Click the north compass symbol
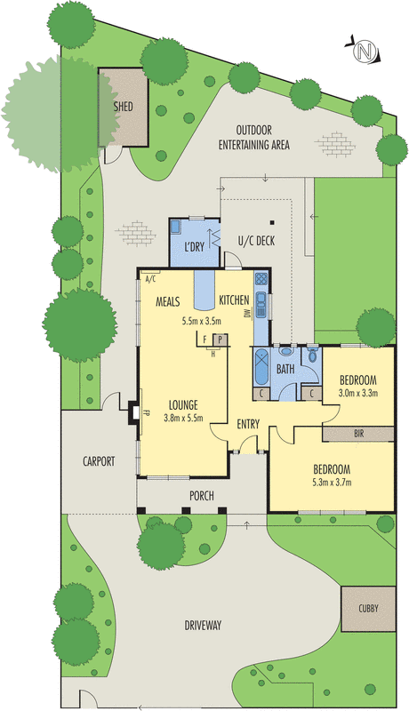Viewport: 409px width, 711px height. [363, 52]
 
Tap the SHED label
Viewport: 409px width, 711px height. [124, 107]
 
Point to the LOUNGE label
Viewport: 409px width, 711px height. [183, 404]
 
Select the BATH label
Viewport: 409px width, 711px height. [285, 368]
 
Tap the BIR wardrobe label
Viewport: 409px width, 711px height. [358, 434]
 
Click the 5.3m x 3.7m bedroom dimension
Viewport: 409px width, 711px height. [331, 483]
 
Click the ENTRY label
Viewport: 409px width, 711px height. [248, 424]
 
